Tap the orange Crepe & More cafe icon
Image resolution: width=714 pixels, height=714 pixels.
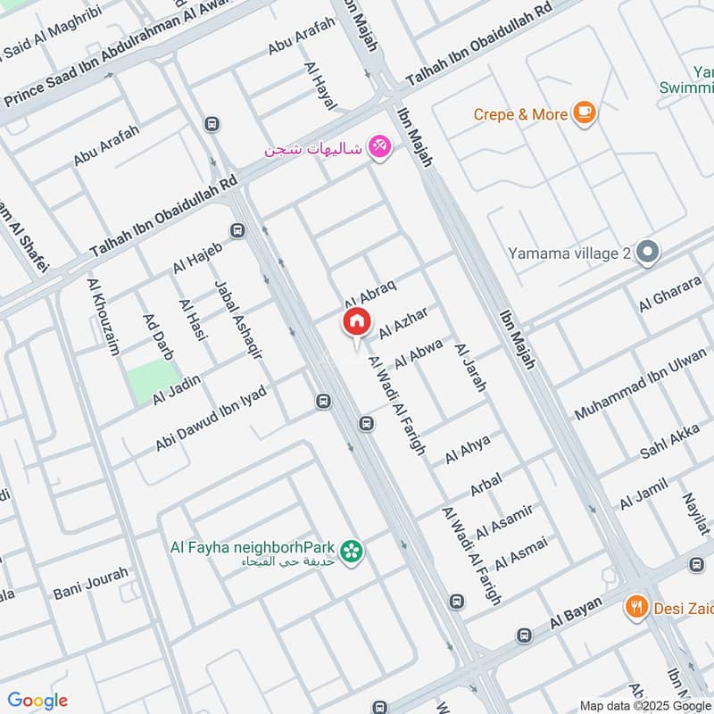tap(585, 112)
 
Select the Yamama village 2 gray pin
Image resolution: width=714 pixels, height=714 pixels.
tap(648, 253)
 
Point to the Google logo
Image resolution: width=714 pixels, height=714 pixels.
tap(37, 700)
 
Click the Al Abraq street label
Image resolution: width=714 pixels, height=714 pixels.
tap(369, 290)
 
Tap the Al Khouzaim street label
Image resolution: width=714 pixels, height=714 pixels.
tap(104, 316)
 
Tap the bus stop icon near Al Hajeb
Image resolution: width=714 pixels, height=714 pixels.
tap(237, 231)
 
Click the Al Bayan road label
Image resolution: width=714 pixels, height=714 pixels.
tap(571, 617)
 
